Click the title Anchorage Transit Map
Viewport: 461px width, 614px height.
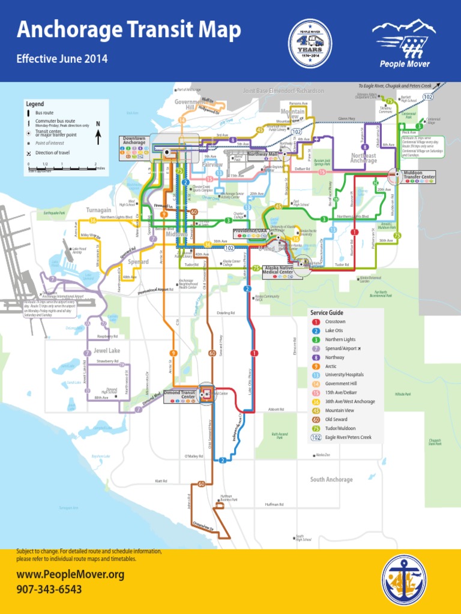pos(129,30)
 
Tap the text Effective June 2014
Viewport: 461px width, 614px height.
pos(62,59)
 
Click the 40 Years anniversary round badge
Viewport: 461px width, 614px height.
pos(310,43)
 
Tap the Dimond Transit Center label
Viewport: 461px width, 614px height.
pos(180,395)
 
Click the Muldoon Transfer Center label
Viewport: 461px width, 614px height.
pos(419,175)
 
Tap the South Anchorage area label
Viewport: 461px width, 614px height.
pos(331,480)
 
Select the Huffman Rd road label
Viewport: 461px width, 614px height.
pos(274,504)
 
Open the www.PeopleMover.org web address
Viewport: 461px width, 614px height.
pos(70,575)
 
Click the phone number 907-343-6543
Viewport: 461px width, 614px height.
pos(49,589)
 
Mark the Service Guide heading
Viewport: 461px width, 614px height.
pos(327,313)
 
